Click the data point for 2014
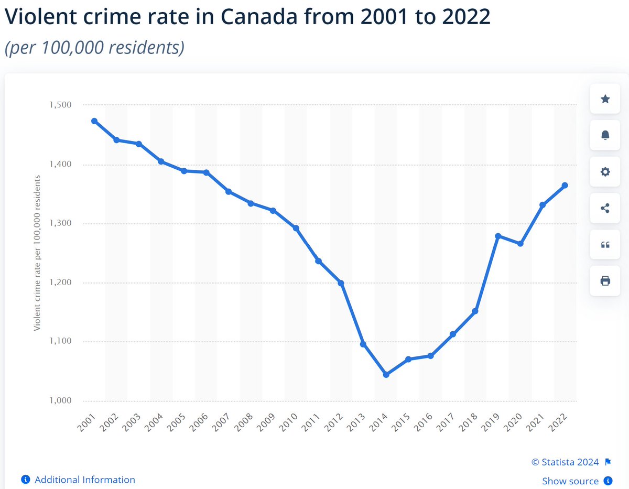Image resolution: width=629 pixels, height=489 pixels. tap(386, 374)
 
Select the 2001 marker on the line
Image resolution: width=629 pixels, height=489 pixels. tap(94, 121)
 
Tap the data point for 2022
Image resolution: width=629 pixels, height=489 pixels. tap(565, 185)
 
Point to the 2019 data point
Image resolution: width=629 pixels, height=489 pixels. tap(498, 236)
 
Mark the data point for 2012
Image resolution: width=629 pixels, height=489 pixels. tap(341, 283)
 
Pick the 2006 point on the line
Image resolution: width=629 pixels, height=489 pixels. tap(207, 172)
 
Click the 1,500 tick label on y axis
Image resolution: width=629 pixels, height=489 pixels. tap(60, 104)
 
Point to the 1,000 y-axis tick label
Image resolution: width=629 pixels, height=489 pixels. tap(60, 400)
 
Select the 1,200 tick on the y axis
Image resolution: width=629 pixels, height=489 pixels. tap(60, 282)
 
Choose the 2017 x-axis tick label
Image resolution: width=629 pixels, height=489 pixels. tap(446, 422)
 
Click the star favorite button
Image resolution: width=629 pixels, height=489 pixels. tap(605, 99)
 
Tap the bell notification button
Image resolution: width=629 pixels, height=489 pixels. tap(605, 135)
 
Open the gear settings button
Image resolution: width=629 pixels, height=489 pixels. tap(605, 171)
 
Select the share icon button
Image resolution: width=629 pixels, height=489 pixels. tap(605, 208)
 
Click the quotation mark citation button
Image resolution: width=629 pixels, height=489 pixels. tap(605, 244)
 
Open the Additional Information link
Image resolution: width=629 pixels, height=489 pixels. tap(78, 480)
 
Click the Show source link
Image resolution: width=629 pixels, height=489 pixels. tap(577, 481)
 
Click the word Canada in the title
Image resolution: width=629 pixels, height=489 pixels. tap(259, 16)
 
